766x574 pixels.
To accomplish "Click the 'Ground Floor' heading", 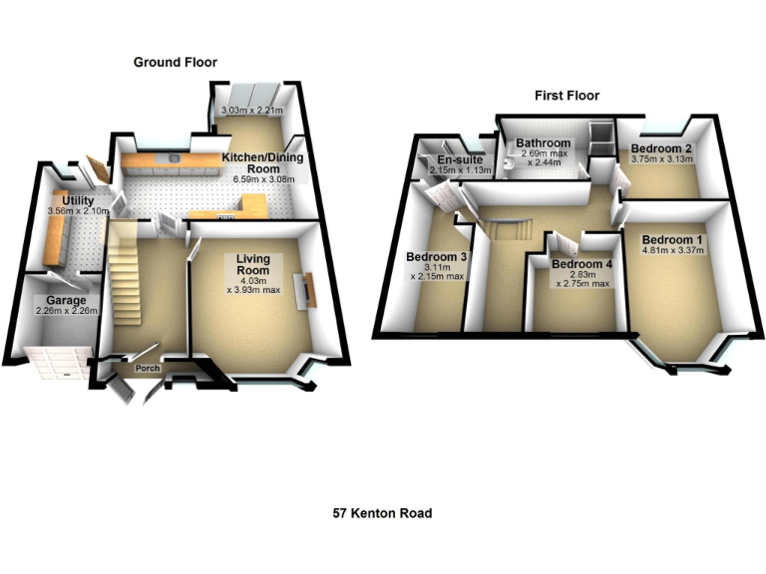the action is [176, 63].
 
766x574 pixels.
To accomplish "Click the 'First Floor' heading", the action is [566, 96].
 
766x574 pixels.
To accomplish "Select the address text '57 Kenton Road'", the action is [382, 514].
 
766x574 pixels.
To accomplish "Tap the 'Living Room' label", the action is [253, 265].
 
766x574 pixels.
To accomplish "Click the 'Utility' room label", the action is [78, 201].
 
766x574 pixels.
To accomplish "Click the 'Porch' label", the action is [147, 369].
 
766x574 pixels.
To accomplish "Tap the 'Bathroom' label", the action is [543, 143].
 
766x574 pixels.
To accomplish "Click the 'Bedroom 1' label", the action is [672, 239].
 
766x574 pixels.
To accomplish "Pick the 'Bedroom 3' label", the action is [437, 257].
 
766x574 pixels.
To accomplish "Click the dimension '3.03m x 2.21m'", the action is [252, 111].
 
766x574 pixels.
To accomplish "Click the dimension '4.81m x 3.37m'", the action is [672, 251].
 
